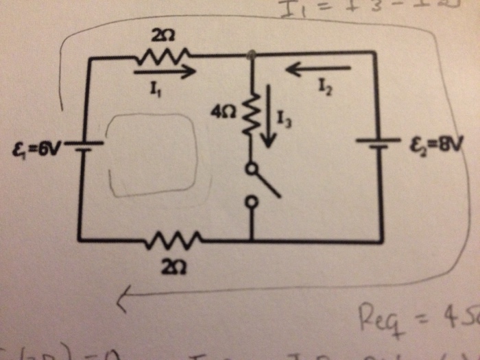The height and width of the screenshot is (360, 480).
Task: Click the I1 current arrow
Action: tap(165, 69)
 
